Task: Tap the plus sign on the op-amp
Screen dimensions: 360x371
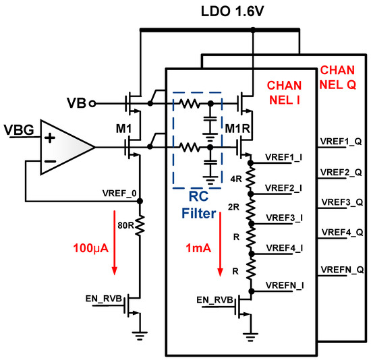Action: (x=49, y=137)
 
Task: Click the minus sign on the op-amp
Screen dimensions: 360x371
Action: (x=49, y=161)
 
